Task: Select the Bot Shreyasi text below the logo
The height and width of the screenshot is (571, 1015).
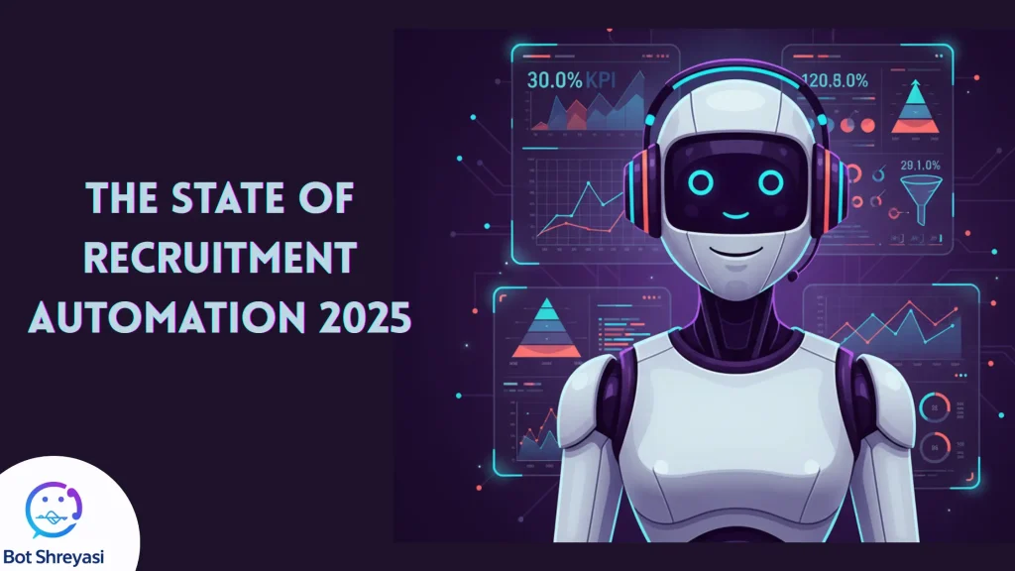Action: click(x=60, y=555)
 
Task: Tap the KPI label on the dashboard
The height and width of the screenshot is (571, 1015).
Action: click(x=618, y=80)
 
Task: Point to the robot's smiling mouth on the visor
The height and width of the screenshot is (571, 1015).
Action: click(x=736, y=212)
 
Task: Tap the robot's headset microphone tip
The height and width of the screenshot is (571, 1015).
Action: click(x=792, y=279)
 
